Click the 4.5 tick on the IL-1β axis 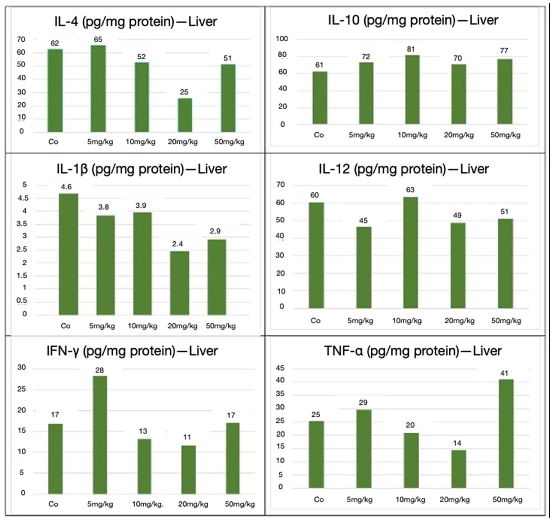click(23, 198)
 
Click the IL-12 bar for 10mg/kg click(410, 253)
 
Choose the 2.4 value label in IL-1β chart click(177, 244)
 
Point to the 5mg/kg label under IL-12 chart click(360, 321)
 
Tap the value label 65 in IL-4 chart click(98, 39)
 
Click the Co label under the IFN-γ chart click(53, 504)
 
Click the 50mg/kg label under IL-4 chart click(229, 142)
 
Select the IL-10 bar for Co click(320, 98)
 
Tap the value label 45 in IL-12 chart click(363, 221)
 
